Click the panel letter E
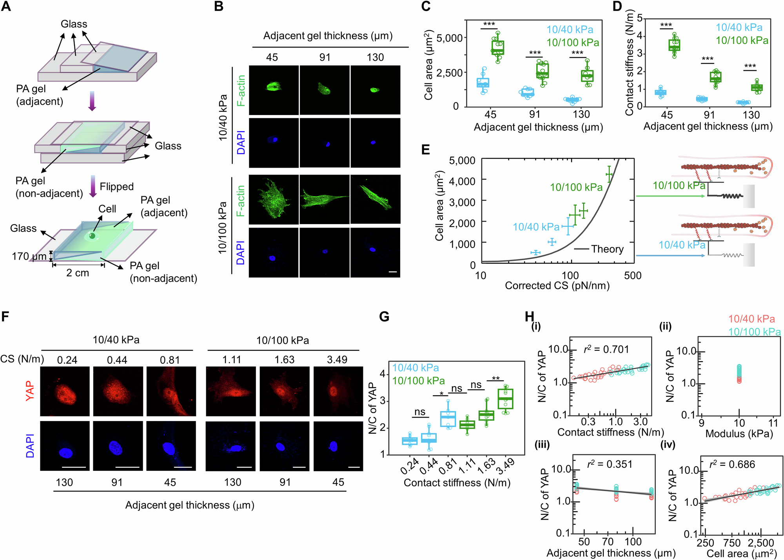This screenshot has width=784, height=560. pos(425,150)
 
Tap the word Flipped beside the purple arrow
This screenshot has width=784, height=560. pos(116,186)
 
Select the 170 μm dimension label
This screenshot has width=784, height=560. pos(29,256)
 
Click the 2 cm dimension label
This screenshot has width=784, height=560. pos(78,273)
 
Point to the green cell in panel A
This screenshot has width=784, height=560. pos(92,236)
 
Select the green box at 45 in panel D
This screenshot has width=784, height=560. pos(674,45)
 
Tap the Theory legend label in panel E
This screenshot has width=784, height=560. pos(607,249)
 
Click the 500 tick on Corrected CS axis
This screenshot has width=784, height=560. pos(633,275)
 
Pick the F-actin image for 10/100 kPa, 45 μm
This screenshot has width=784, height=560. pos(274,199)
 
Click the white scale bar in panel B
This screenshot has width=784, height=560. pos(393,272)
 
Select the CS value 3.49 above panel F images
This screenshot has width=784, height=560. pos(337,359)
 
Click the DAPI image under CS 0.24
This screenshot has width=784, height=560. pos(65,446)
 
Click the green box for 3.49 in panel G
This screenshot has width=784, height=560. pos(505,399)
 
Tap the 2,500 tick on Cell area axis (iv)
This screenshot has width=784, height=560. pos(760,543)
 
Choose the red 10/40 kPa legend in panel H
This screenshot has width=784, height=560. pos(751,319)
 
